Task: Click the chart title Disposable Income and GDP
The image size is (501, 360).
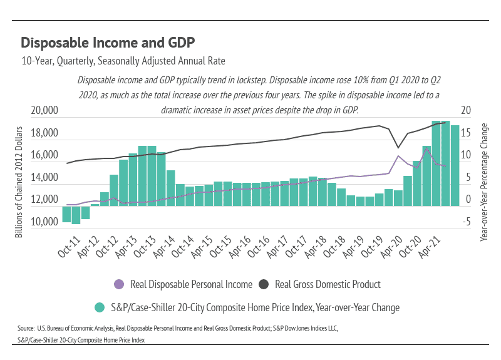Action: (x=108, y=43)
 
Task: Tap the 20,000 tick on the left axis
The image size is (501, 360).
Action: (x=44, y=111)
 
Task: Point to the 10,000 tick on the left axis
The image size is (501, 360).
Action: (x=44, y=222)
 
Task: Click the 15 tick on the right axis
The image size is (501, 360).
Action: (x=465, y=133)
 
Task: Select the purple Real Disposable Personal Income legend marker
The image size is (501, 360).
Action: (x=119, y=284)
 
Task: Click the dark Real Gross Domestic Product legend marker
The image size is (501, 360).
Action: (x=263, y=284)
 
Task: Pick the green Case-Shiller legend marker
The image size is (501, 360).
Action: (x=100, y=307)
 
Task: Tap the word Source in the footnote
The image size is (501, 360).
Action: (x=26, y=328)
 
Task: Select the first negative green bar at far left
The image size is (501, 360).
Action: (x=66, y=213)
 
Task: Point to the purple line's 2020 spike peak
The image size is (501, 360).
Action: (x=398, y=156)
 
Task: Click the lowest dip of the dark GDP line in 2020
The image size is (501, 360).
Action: (x=398, y=148)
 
